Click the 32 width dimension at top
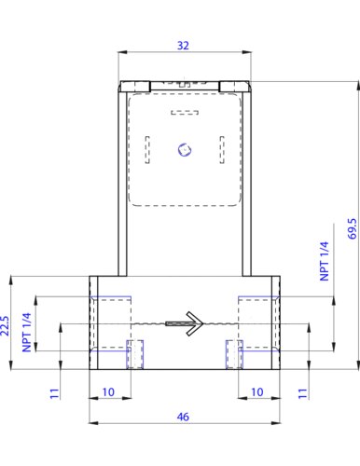183,46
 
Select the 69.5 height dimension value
353,228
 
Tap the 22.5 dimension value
5,325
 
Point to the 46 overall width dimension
183,417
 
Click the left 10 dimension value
108,392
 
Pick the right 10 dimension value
257,392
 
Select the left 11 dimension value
54,393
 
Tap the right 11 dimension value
302,393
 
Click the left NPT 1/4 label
27,332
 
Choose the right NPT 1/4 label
325,261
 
